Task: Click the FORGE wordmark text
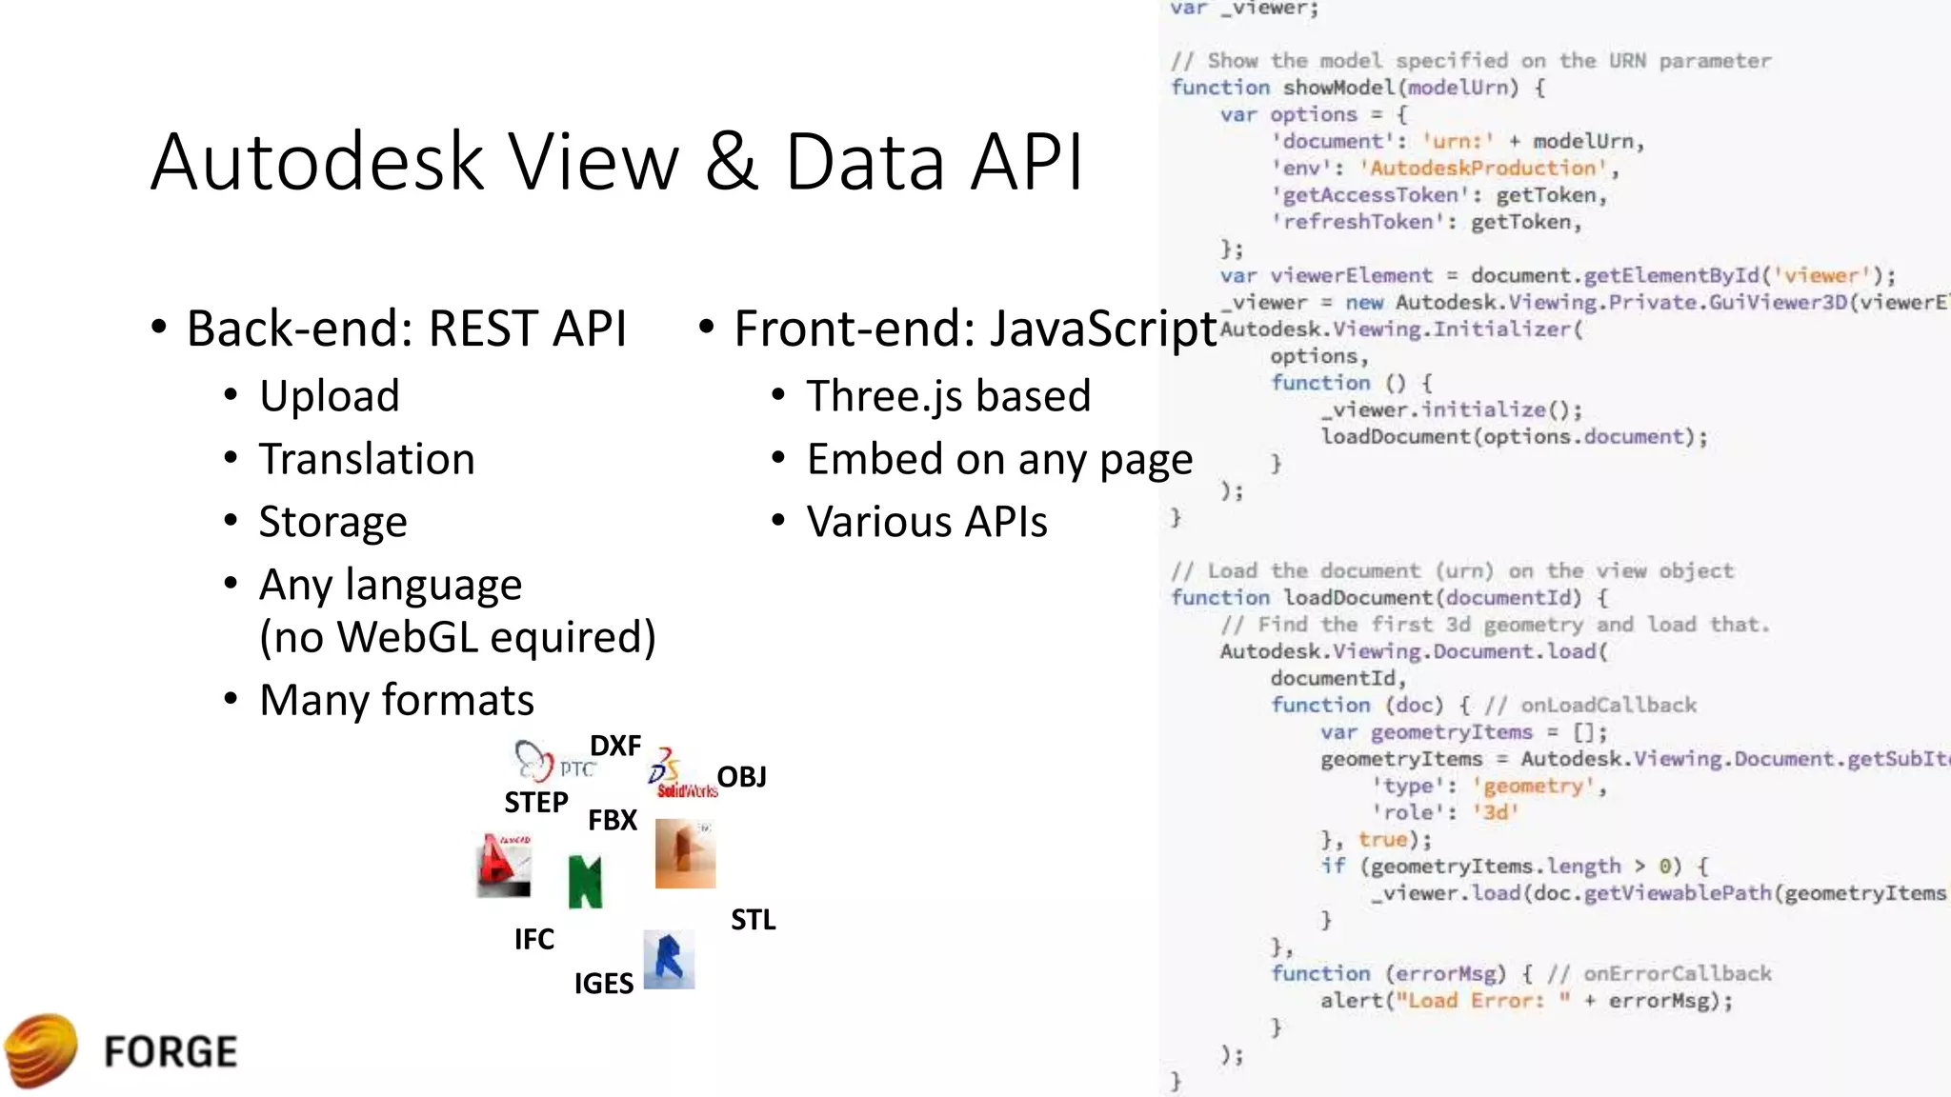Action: pyautogui.click(x=171, y=1051)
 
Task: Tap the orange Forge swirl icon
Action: pyautogui.click(x=41, y=1051)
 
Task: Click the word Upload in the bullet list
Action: pyautogui.click(x=330, y=396)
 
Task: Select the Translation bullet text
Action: pyautogui.click(x=367, y=459)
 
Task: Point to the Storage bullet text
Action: pyautogui.click(x=333, y=522)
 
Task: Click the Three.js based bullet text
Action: pyautogui.click(x=948, y=396)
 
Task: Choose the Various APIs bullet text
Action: pyautogui.click(x=927, y=522)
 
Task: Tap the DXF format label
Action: pyautogui.click(x=615, y=746)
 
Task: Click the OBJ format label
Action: pyautogui.click(x=741, y=777)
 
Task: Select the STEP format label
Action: pyautogui.click(x=536, y=803)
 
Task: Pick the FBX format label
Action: pyautogui.click(x=613, y=820)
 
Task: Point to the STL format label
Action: pyautogui.click(x=753, y=920)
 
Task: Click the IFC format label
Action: pyautogui.click(x=533, y=940)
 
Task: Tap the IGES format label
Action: pyautogui.click(x=603, y=984)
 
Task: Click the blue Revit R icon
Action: pyautogui.click(x=669, y=959)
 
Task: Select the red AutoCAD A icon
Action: pyautogui.click(x=503, y=866)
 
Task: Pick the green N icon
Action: pyautogui.click(x=585, y=881)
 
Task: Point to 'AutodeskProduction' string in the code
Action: pyautogui.click(x=1480, y=169)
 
